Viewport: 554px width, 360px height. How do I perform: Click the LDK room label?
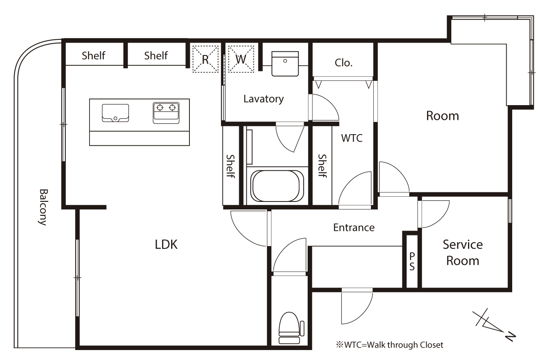pyautogui.click(x=166, y=245)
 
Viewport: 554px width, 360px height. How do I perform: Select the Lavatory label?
pyautogui.click(x=263, y=99)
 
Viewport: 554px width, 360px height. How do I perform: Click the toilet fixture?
pyautogui.click(x=289, y=328)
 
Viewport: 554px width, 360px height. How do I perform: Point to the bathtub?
pyautogui.click(x=277, y=186)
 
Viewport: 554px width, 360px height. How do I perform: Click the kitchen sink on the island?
pyautogui.click(x=115, y=113)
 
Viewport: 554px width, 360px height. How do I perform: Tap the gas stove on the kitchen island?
pyautogui.click(x=166, y=113)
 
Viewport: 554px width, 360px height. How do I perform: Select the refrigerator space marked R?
pyautogui.click(x=205, y=59)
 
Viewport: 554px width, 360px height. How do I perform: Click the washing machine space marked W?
pyautogui.click(x=241, y=59)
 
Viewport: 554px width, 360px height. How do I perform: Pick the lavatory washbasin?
pyautogui.click(x=285, y=63)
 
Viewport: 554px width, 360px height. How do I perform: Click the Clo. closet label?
pyautogui.click(x=343, y=63)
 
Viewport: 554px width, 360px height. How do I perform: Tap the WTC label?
pyautogui.click(x=352, y=138)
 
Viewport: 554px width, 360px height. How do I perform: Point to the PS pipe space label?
pyautogui.click(x=412, y=262)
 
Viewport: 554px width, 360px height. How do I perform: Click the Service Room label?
pyautogui.click(x=462, y=252)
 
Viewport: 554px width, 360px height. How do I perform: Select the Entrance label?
pyautogui.click(x=354, y=227)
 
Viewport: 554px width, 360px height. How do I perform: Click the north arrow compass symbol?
pyautogui.click(x=494, y=325)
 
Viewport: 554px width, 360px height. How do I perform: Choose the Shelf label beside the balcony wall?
pyautogui.click(x=94, y=55)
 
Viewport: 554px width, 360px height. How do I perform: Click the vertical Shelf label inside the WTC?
pyautogui.click(x=322, y=166)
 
